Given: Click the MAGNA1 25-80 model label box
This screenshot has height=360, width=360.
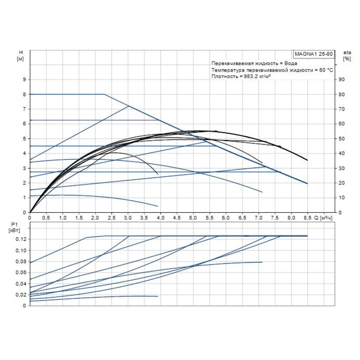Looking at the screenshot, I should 314,54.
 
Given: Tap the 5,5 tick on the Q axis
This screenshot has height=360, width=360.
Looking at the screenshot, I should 209,217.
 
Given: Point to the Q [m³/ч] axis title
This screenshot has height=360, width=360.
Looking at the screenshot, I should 323,217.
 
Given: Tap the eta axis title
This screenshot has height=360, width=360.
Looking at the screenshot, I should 346,53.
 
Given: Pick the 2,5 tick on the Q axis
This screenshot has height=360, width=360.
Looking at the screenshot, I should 112,217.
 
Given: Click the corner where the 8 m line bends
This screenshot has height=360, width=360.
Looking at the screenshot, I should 104,94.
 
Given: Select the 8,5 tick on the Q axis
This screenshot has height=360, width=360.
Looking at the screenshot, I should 307,217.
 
